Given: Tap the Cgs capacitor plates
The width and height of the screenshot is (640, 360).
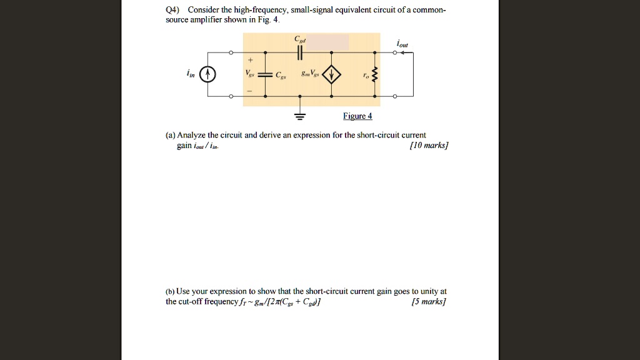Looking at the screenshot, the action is [265, 75].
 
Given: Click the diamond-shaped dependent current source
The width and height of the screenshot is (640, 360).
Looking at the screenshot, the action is [331, 75].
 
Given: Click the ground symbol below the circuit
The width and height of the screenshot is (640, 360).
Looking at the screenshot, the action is [300, 116].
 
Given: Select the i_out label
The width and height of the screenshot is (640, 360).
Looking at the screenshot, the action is [402, 44].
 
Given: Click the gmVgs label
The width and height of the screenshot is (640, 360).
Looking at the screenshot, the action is [311, 75].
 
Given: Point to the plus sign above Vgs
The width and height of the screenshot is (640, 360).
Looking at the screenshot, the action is [250, 61].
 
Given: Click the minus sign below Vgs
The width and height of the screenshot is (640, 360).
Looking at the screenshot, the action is [250, 91].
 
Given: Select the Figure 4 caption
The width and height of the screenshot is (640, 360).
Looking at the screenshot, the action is [357, 116].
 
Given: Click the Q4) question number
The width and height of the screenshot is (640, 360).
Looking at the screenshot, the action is [173, 10].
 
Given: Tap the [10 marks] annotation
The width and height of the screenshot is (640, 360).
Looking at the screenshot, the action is [429, 146].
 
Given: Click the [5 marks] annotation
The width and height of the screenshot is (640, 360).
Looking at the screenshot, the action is [429, 302].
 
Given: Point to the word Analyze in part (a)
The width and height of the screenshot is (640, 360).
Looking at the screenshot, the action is [192, 135].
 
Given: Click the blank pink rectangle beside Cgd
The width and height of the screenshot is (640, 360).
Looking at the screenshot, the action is [327, 42].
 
